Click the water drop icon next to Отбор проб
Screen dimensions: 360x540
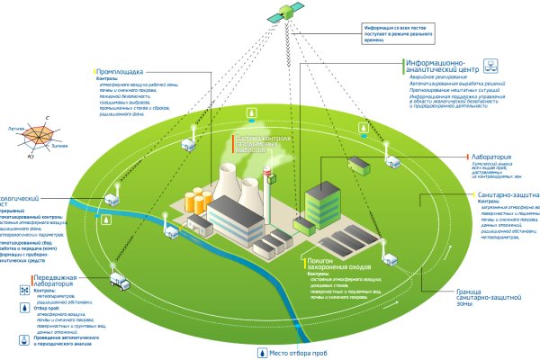(21, 312)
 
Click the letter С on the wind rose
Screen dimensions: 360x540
(47, 119)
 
